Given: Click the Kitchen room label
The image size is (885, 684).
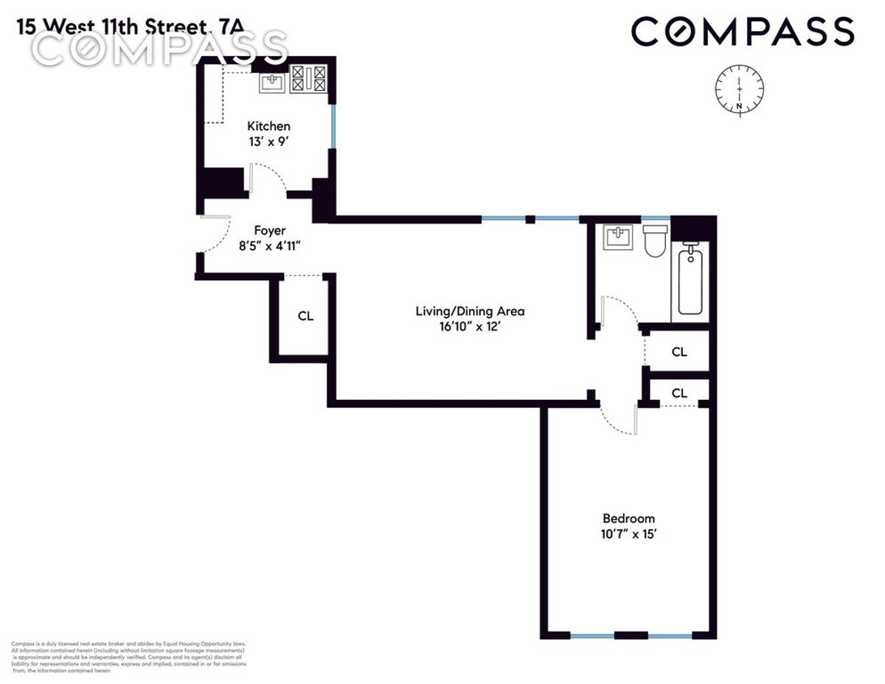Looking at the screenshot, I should pos(268,125).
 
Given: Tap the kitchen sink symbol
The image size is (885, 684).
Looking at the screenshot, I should pos(272,81).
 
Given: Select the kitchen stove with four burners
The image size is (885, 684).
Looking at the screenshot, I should pos(308,80).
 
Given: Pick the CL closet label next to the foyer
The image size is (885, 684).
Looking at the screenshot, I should pos(305,316).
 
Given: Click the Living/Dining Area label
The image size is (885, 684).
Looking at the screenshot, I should pos(470,311).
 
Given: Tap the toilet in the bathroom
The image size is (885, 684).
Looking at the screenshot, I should pos(655,241).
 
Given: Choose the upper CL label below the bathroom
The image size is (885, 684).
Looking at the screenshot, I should pos(679,352).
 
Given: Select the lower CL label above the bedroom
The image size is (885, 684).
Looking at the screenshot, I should pos(679,393).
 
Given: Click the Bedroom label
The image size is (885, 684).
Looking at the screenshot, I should pos(628,518).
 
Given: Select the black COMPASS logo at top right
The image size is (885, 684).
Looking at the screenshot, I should pos(742,32).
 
